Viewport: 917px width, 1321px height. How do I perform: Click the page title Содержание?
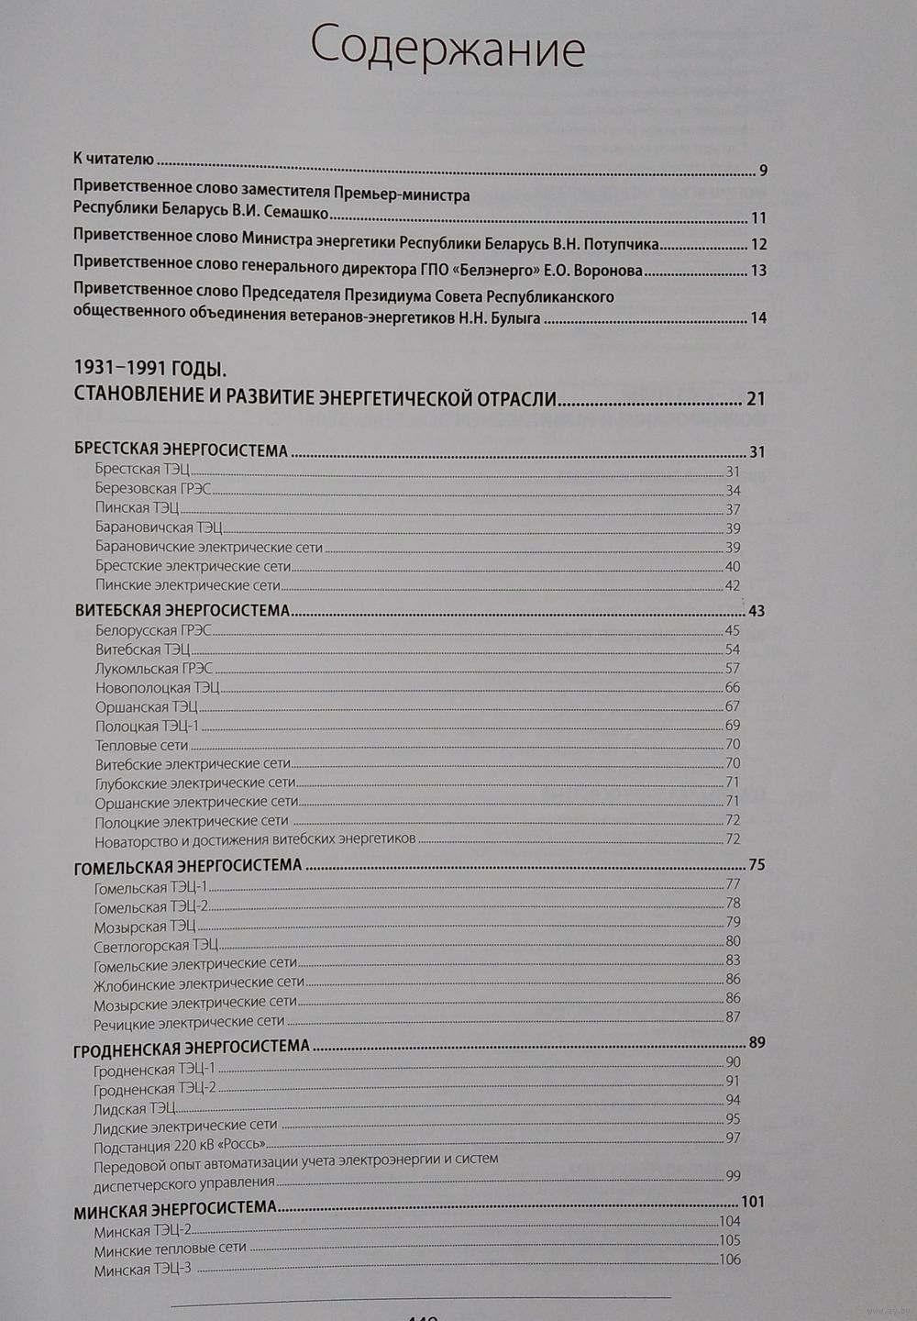point(447,48)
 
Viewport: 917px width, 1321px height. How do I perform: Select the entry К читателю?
point(114,159)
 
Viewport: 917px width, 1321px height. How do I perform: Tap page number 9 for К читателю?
point(763,171)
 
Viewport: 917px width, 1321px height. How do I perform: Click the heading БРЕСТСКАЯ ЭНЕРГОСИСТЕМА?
point(181,450)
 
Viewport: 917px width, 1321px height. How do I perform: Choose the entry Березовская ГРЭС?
point(140,489)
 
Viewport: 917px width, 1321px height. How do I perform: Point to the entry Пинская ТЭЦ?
point(137,508)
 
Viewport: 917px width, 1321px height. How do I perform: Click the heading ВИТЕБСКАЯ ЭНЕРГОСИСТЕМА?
point(182,610)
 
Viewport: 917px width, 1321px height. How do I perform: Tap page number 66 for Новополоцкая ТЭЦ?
point(732,688)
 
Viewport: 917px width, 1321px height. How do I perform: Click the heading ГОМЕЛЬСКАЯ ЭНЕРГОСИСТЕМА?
point(188,865)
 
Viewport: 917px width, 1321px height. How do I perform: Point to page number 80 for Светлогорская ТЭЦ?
point(733,941)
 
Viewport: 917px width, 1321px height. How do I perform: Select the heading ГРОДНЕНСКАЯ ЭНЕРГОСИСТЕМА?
point(191,1046)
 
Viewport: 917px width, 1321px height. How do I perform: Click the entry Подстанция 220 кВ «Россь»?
point(180,1146)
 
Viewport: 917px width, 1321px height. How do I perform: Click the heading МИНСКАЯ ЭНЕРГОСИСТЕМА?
point(174,1209)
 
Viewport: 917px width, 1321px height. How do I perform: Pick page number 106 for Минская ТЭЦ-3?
point(730,1260)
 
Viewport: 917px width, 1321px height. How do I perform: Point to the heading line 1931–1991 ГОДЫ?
point(149,369)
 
